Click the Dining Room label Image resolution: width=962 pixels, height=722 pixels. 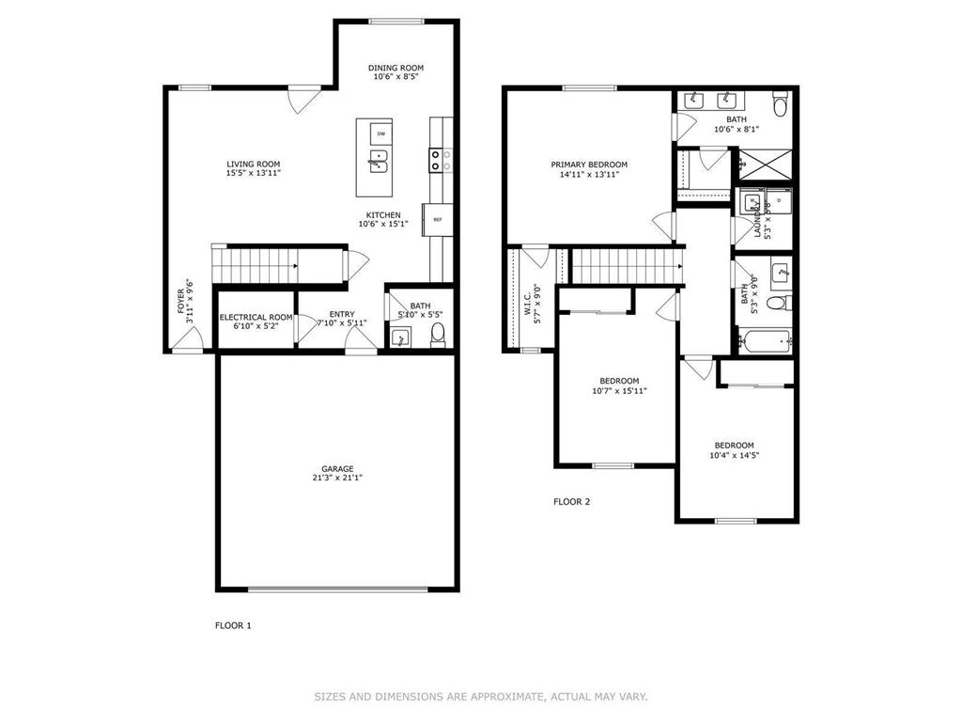pyautogui.click(x=396, y=68)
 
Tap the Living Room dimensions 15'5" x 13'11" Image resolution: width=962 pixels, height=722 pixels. pyautogui.click(x=254, y=173)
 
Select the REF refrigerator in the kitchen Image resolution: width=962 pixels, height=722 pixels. pyautogui.click(x=438, y=220)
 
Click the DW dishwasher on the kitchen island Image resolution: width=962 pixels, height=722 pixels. pyautogui.click(x=380, y=133)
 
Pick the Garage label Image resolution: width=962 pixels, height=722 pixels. pyautogui.click(x=337, y=468)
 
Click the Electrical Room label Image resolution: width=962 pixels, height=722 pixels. pyautogui.click(x=256, y=318)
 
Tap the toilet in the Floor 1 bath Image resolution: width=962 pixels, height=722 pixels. pyautogui.click(x=438, y=335)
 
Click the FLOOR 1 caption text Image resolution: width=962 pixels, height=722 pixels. pyautogui.click(x=234, y=624)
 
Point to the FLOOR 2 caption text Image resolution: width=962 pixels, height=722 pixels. pyautogui.click(x=571, y=501)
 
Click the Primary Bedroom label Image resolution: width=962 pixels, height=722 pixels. pyautogui.click(x=589, y=165)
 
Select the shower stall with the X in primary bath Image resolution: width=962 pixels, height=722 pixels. pyautogui.click(x=764, y=164)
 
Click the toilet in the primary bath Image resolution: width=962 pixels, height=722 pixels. pyautogui.click(x=779, y=101)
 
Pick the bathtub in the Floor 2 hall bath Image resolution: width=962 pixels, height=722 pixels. pyautogui.click(x=764, y=339)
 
